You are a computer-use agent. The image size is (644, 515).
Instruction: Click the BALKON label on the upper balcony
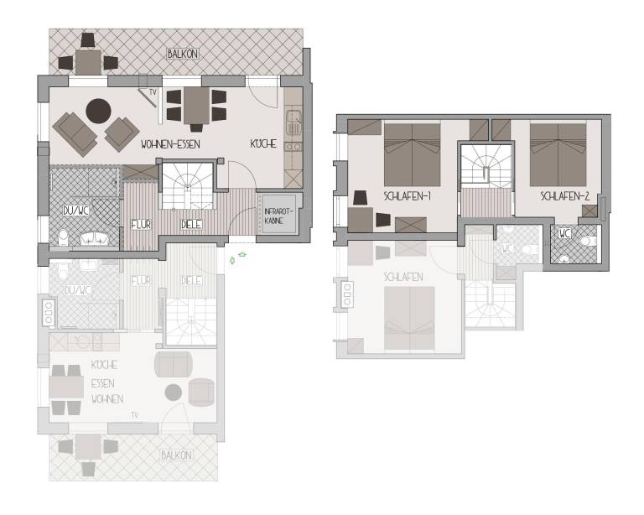[x=183, y=55]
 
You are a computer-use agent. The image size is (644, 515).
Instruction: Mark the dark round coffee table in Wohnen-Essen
[x=99, y=109]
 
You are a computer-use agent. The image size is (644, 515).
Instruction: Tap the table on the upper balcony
[x=87, y=61]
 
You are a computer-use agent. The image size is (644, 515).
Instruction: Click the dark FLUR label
[x=141, y=225]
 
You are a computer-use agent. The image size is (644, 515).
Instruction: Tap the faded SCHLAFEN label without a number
[x=402, y=277]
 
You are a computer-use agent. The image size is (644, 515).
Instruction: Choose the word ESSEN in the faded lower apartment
[x=102, y=382]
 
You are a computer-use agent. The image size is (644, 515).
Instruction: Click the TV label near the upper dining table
[x=153, y=91]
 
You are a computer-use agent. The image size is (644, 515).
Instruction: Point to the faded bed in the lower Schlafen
[x=409, y=318]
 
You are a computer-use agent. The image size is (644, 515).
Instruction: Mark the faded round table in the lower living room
[x=174, y=393]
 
